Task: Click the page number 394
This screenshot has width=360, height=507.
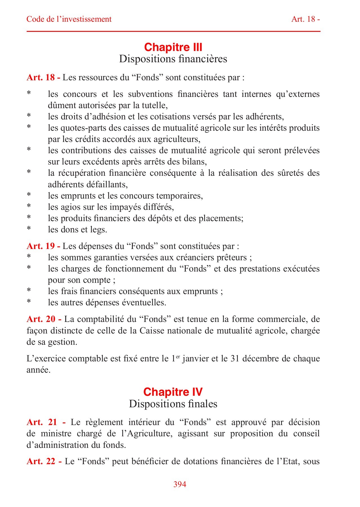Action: click(x=180, y=484)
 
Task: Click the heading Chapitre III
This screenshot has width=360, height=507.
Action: click(x=173, y=47)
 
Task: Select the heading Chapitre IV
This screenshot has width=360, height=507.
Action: click(x=173, y=392)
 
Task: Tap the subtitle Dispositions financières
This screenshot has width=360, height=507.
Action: click(x=173, y=59)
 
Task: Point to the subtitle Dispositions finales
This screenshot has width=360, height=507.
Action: click(x=173, y=404)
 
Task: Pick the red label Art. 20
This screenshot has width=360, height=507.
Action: click(x=44, y=319)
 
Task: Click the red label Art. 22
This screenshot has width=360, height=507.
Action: click(x=44, y=461)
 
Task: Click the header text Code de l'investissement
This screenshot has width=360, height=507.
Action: click(x=69, y=19)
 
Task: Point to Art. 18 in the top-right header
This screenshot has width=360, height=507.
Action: click(x=305, y=19)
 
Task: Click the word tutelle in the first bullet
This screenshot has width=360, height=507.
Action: click(x=155, y=106)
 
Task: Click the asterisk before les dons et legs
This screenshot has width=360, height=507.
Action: click(x=29, y=229)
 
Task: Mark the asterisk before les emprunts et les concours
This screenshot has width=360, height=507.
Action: click(x=29, y=195)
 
